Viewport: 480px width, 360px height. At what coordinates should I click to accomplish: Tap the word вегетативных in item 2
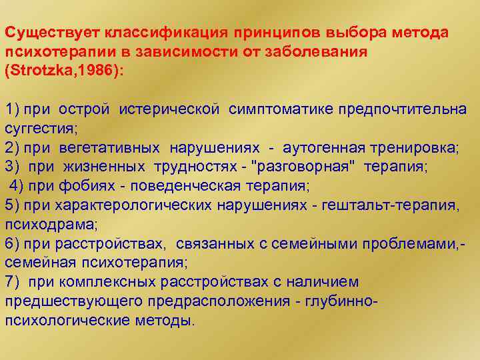pyautogui.click(x=113, y=147)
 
